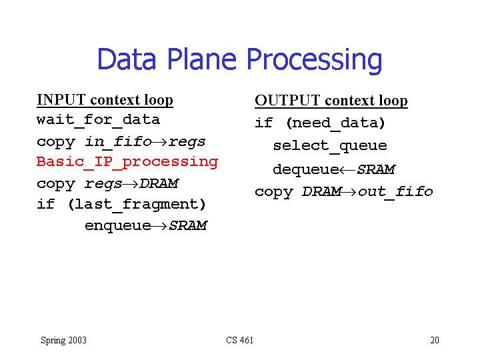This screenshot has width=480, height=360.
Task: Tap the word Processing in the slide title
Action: coord(315,61)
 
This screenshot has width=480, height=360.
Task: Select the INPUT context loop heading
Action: coord(105,100)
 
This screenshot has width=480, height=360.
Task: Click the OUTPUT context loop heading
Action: coord(331,101)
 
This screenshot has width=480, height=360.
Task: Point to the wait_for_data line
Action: coord(98,120)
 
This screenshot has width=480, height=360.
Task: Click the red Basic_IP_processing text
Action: coord(127,162)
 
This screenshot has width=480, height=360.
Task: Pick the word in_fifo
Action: coord(119,142)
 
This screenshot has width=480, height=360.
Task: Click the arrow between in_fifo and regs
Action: coord(159,142)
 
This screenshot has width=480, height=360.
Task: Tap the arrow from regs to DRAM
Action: coord(131,184)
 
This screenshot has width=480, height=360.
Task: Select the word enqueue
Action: coord(118,226)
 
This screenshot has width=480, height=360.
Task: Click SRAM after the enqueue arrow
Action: coord(188,225)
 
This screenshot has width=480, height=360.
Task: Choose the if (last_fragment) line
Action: coord(121,205)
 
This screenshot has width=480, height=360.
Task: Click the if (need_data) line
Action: coord(320,123)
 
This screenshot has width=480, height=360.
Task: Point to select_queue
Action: coord(330,146)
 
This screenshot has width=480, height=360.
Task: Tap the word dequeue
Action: coord(306,170)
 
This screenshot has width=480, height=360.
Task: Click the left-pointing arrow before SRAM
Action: coord(347,170)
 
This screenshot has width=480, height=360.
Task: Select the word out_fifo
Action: coord(395,192)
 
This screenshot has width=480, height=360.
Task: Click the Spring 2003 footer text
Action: coord(64,341)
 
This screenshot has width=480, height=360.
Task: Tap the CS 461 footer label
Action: coord(240,340)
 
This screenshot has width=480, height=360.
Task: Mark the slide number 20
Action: coord(435,340)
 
